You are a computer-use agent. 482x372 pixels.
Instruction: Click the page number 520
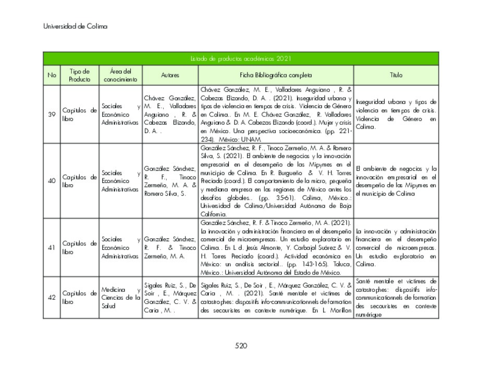pyautogui.click(x=240, y=346)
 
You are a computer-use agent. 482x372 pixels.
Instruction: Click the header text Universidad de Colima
pyautogui.click(x=75, y=27)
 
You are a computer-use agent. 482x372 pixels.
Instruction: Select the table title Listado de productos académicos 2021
pyautogui.click(x=240, y=58)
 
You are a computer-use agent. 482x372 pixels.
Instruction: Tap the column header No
pyautogui.click(x=52, y=75)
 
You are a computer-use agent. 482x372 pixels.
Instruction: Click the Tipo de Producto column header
pyautogui.click(x=79, y=75)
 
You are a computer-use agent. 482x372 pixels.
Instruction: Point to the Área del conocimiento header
pyautogui.click(x=120, y=75)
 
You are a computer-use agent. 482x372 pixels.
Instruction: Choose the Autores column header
pyautogui.click(x=170, y=75)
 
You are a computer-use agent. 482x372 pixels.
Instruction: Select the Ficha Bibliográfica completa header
pyautogui.click(x=276, y=75)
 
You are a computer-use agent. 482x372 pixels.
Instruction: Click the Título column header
pyautogui.click(x=396, y=75)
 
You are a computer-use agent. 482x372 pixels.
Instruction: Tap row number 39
pyautogui.click(x=52, y=114)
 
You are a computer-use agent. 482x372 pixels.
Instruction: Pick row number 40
pyautogui.click(x=52, y=181)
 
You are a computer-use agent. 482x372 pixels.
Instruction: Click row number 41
pyautogui.click(x=52, y=248)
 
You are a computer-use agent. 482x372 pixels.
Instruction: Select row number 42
pyautogui.click(x=52, y=298)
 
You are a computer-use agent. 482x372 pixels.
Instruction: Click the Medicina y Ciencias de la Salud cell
pyautogui.click(x=120, y=298)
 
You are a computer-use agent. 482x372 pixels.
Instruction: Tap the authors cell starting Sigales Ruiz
pyautogui.click(x=170, y=298)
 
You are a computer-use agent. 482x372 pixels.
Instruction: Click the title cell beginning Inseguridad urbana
pyautogui.click(x=396, y=114)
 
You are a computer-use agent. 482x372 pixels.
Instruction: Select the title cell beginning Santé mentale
pyautogui.click(x=396, y=298)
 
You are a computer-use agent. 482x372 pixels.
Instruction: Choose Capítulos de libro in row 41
pyautogui.click(x=79, y=248)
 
